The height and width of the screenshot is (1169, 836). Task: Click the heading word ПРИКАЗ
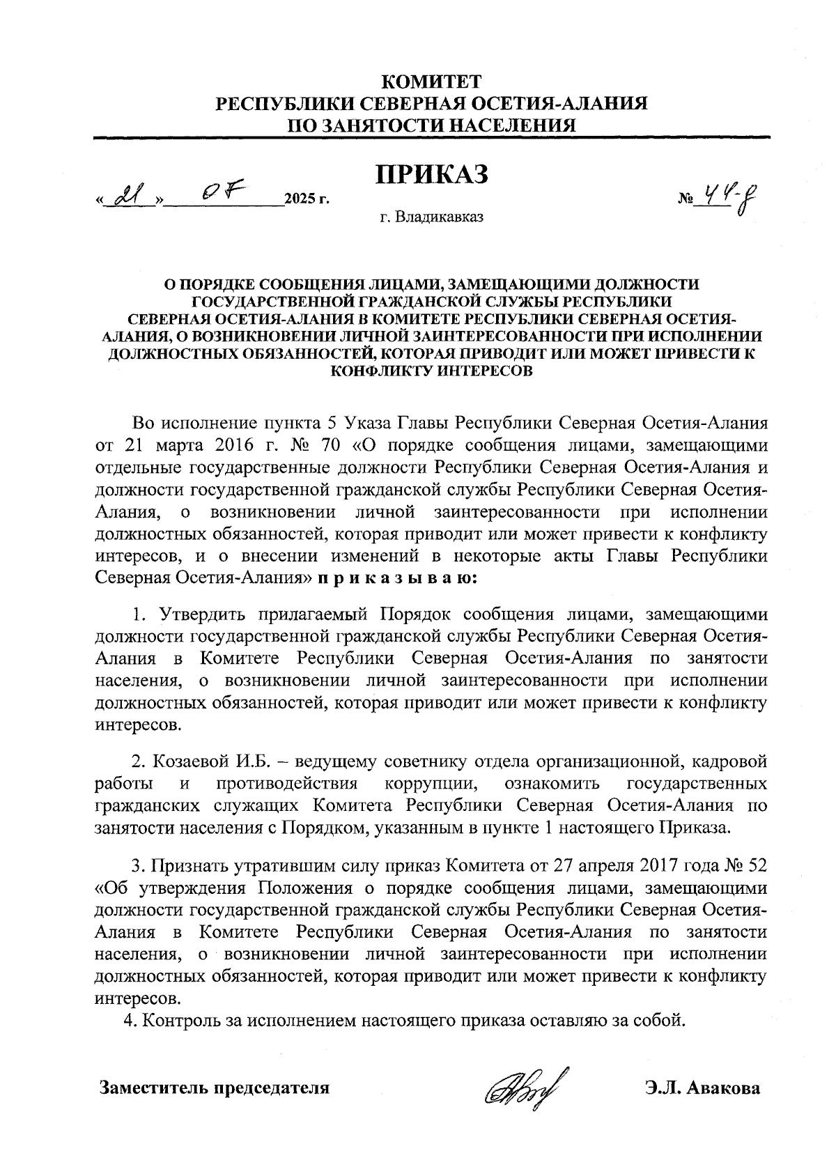click(431, 174)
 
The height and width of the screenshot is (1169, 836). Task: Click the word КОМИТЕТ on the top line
click(432, 82)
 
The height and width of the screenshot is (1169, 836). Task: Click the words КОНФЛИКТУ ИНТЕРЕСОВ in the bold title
click(431, 371)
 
